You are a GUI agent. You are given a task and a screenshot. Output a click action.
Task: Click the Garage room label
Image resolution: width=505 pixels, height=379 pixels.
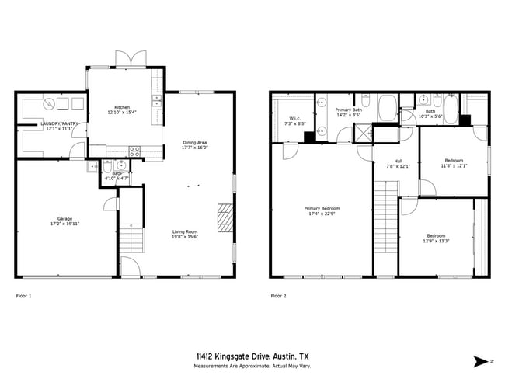coord(65,219)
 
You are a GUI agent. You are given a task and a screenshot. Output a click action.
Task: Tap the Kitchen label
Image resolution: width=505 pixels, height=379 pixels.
coord(122,107)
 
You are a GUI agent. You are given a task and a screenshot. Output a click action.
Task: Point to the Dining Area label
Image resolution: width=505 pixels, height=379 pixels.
coord(194,142)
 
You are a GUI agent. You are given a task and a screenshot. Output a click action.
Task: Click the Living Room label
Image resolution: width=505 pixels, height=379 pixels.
coord(185,231)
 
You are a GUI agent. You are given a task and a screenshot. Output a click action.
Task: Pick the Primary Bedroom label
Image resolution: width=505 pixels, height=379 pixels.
coord(321,208)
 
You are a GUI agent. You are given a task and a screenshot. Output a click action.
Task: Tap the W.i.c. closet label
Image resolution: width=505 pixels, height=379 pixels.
coord(294,118)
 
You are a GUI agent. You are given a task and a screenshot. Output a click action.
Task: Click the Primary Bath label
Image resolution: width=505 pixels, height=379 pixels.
coord(348,110)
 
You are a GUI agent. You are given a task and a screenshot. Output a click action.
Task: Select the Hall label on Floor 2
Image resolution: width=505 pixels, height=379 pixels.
coord(386,162)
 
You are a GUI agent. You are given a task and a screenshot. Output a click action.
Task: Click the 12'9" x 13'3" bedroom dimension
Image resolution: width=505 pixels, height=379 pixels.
coord(435,241)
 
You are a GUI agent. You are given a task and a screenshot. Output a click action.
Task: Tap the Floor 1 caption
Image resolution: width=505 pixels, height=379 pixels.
coord(24,296)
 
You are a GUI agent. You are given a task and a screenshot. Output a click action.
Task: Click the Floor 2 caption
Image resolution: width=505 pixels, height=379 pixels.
coord(278,296)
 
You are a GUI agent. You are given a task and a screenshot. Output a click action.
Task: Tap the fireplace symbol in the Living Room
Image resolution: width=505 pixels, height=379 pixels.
coord(225,217)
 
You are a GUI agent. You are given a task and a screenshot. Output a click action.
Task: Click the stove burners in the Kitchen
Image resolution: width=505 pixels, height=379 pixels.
coord(134,151)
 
